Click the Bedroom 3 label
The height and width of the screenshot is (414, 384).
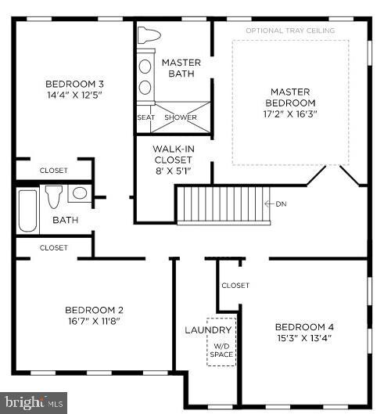coord(74,84)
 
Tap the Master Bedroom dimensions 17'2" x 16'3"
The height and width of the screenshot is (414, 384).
coord(289,113)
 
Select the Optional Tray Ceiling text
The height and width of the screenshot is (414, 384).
coord(290,31)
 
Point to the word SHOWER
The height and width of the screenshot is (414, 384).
coord(180,118)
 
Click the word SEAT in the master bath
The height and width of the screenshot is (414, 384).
coord(146,118)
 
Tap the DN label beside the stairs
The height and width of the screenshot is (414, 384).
coord(282,204)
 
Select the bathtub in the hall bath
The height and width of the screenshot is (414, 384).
coord(27,210)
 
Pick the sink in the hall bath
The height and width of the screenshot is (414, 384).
coord(79,193)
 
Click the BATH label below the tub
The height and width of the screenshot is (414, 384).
coord(65,221)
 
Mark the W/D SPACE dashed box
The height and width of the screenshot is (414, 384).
coord(221,343)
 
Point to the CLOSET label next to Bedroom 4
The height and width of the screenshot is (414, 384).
coord(235,286)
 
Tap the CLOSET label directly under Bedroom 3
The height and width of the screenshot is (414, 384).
coord(53,170)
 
